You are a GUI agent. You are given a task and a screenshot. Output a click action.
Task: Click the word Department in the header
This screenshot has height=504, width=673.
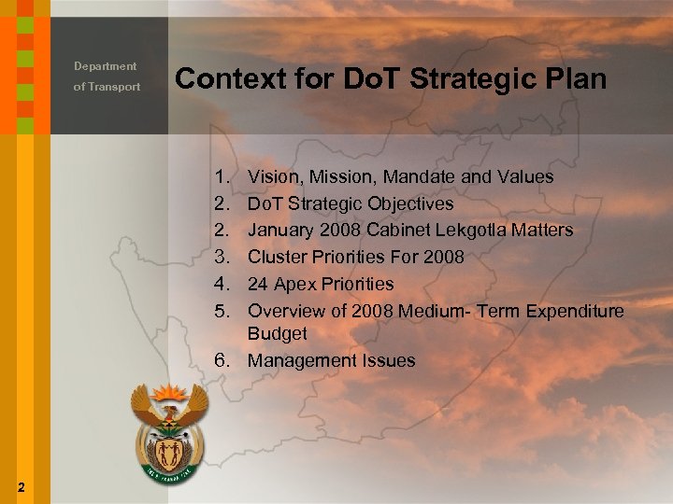click(106, 66)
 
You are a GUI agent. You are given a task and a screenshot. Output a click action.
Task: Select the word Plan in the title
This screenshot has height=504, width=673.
click(576, 79)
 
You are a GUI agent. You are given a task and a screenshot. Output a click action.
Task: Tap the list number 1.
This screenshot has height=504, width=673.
click(221, 176)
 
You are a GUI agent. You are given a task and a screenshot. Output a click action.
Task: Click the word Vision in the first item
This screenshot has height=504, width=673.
click(273, 176)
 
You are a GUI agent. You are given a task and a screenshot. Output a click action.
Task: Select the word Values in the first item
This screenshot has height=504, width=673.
click(524, 176)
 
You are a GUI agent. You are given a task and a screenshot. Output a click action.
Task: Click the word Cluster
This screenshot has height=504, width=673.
click(278, 257)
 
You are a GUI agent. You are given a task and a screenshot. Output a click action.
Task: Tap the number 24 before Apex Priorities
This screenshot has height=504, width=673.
click(258, 284)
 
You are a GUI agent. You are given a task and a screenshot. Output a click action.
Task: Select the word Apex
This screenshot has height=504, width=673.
click(294, 284)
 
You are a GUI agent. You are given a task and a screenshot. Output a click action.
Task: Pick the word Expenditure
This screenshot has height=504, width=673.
click(573, 311)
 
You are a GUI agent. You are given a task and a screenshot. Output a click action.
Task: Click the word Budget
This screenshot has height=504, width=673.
click(277, 333)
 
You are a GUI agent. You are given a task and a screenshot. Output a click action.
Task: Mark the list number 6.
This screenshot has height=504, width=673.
click(221, 360)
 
